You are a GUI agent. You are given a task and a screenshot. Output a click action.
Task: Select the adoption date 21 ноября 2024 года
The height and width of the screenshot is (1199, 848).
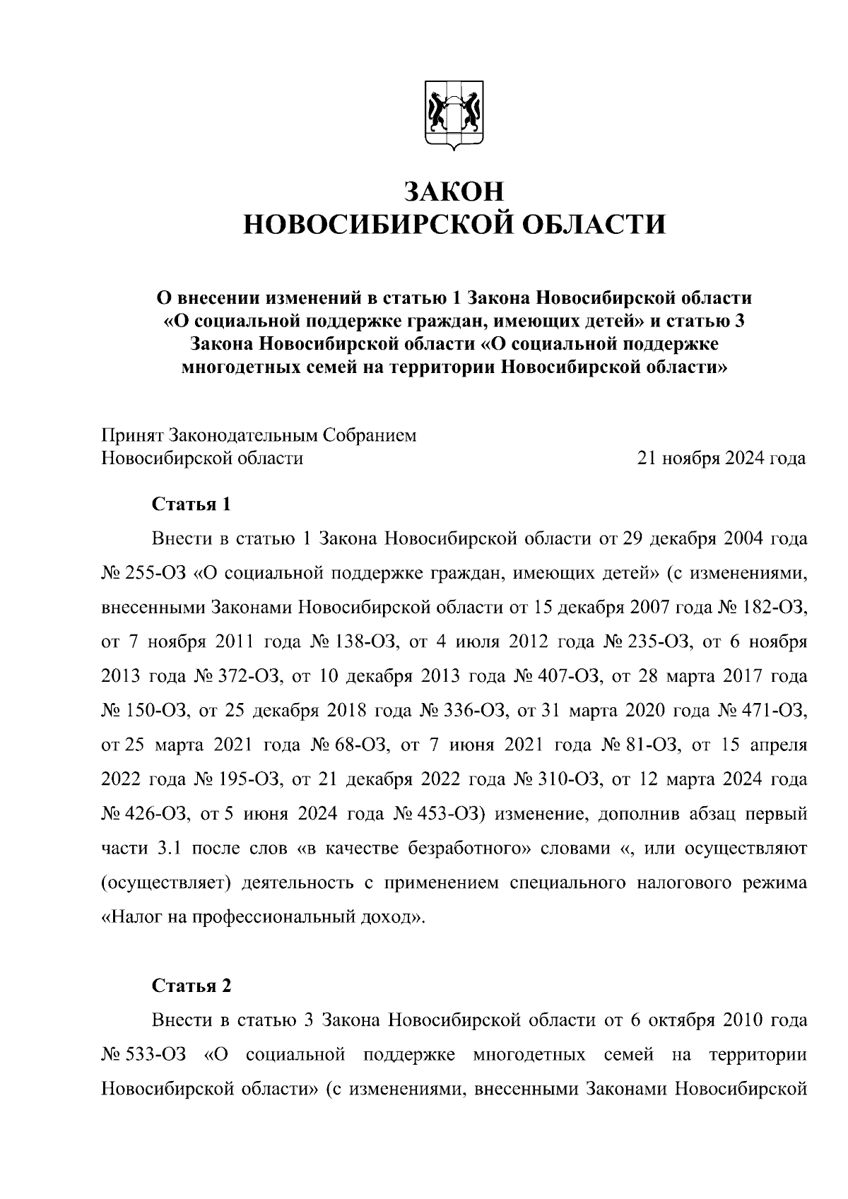click(x=721, y=459)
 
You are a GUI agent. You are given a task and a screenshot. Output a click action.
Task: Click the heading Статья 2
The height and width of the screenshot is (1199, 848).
click(x=192, y=986)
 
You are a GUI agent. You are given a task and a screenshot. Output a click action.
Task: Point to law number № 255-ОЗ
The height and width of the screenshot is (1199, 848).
click(x=143, y=573)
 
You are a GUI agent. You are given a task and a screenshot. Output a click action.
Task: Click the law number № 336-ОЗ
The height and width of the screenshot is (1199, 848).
click(x=464, y=711)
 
